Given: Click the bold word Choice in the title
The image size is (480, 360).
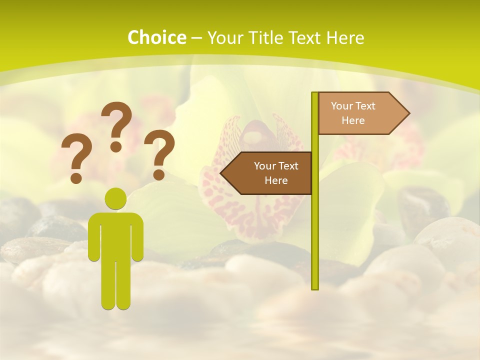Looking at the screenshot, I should pos(156,37).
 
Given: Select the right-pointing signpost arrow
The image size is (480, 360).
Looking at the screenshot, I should pos(360,113).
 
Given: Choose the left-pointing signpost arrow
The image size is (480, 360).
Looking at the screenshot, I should pos(270,173).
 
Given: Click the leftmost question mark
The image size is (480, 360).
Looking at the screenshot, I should pos(76,155).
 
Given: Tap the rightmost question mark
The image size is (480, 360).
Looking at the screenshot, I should pos(159,150).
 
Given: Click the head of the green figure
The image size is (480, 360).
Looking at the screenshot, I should pos(115,199).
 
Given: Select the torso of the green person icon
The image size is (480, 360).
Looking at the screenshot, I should pos(115,235).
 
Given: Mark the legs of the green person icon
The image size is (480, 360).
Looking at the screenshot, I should pos(115,285).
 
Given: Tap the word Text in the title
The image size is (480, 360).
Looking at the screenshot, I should pos(305,37).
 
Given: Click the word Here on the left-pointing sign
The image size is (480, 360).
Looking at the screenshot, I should pos(276,180).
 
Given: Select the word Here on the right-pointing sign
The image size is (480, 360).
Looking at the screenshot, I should pos(353,120).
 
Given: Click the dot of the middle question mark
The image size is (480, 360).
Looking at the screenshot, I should pos(116,146).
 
